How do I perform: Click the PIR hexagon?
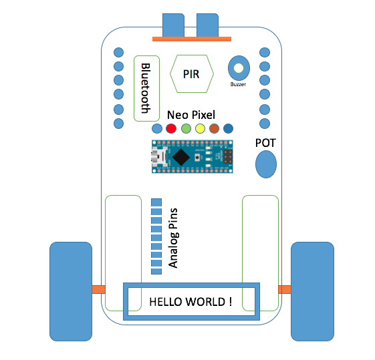[192, 74]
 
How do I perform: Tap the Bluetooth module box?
[146, 88]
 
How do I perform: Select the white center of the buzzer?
[239, 68]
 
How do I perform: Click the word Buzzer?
[238, 84]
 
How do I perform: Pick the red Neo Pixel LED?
[171, 128]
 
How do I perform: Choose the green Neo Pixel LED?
[186, 128]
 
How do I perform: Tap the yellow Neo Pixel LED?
[200, 128]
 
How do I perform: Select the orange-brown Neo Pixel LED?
[214, 128]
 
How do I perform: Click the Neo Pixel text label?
[191, 115]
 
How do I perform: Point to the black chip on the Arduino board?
[181, 157]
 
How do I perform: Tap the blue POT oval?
[266, 164]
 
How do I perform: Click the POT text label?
[265, 143]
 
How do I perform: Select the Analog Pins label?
[173, 238]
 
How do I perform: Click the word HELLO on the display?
[166, 302]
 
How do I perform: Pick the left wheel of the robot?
[71, 291]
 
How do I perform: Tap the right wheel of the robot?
[312, 291]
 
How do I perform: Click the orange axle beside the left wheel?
[98, 289]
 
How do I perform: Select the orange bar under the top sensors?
[192, 39]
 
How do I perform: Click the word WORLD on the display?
[206, 302]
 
